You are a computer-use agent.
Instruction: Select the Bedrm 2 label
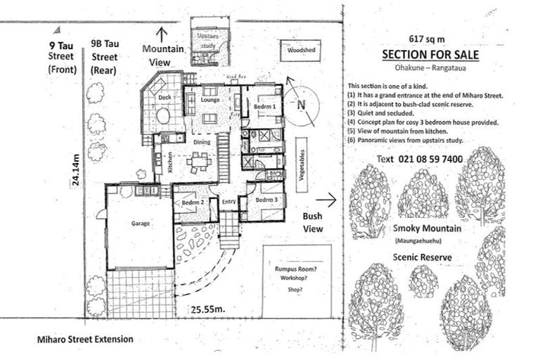(x=192, y=202)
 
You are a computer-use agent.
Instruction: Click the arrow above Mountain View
(x=162, y=32)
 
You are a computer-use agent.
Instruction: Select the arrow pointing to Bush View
(x=321, y=200)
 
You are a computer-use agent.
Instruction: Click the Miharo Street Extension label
(x=85, y=339)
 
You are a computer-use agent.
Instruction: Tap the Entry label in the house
(x=228, y=202)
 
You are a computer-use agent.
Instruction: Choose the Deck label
(x=165, y=97)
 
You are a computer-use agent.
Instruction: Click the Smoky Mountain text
(x=427, y=229)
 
